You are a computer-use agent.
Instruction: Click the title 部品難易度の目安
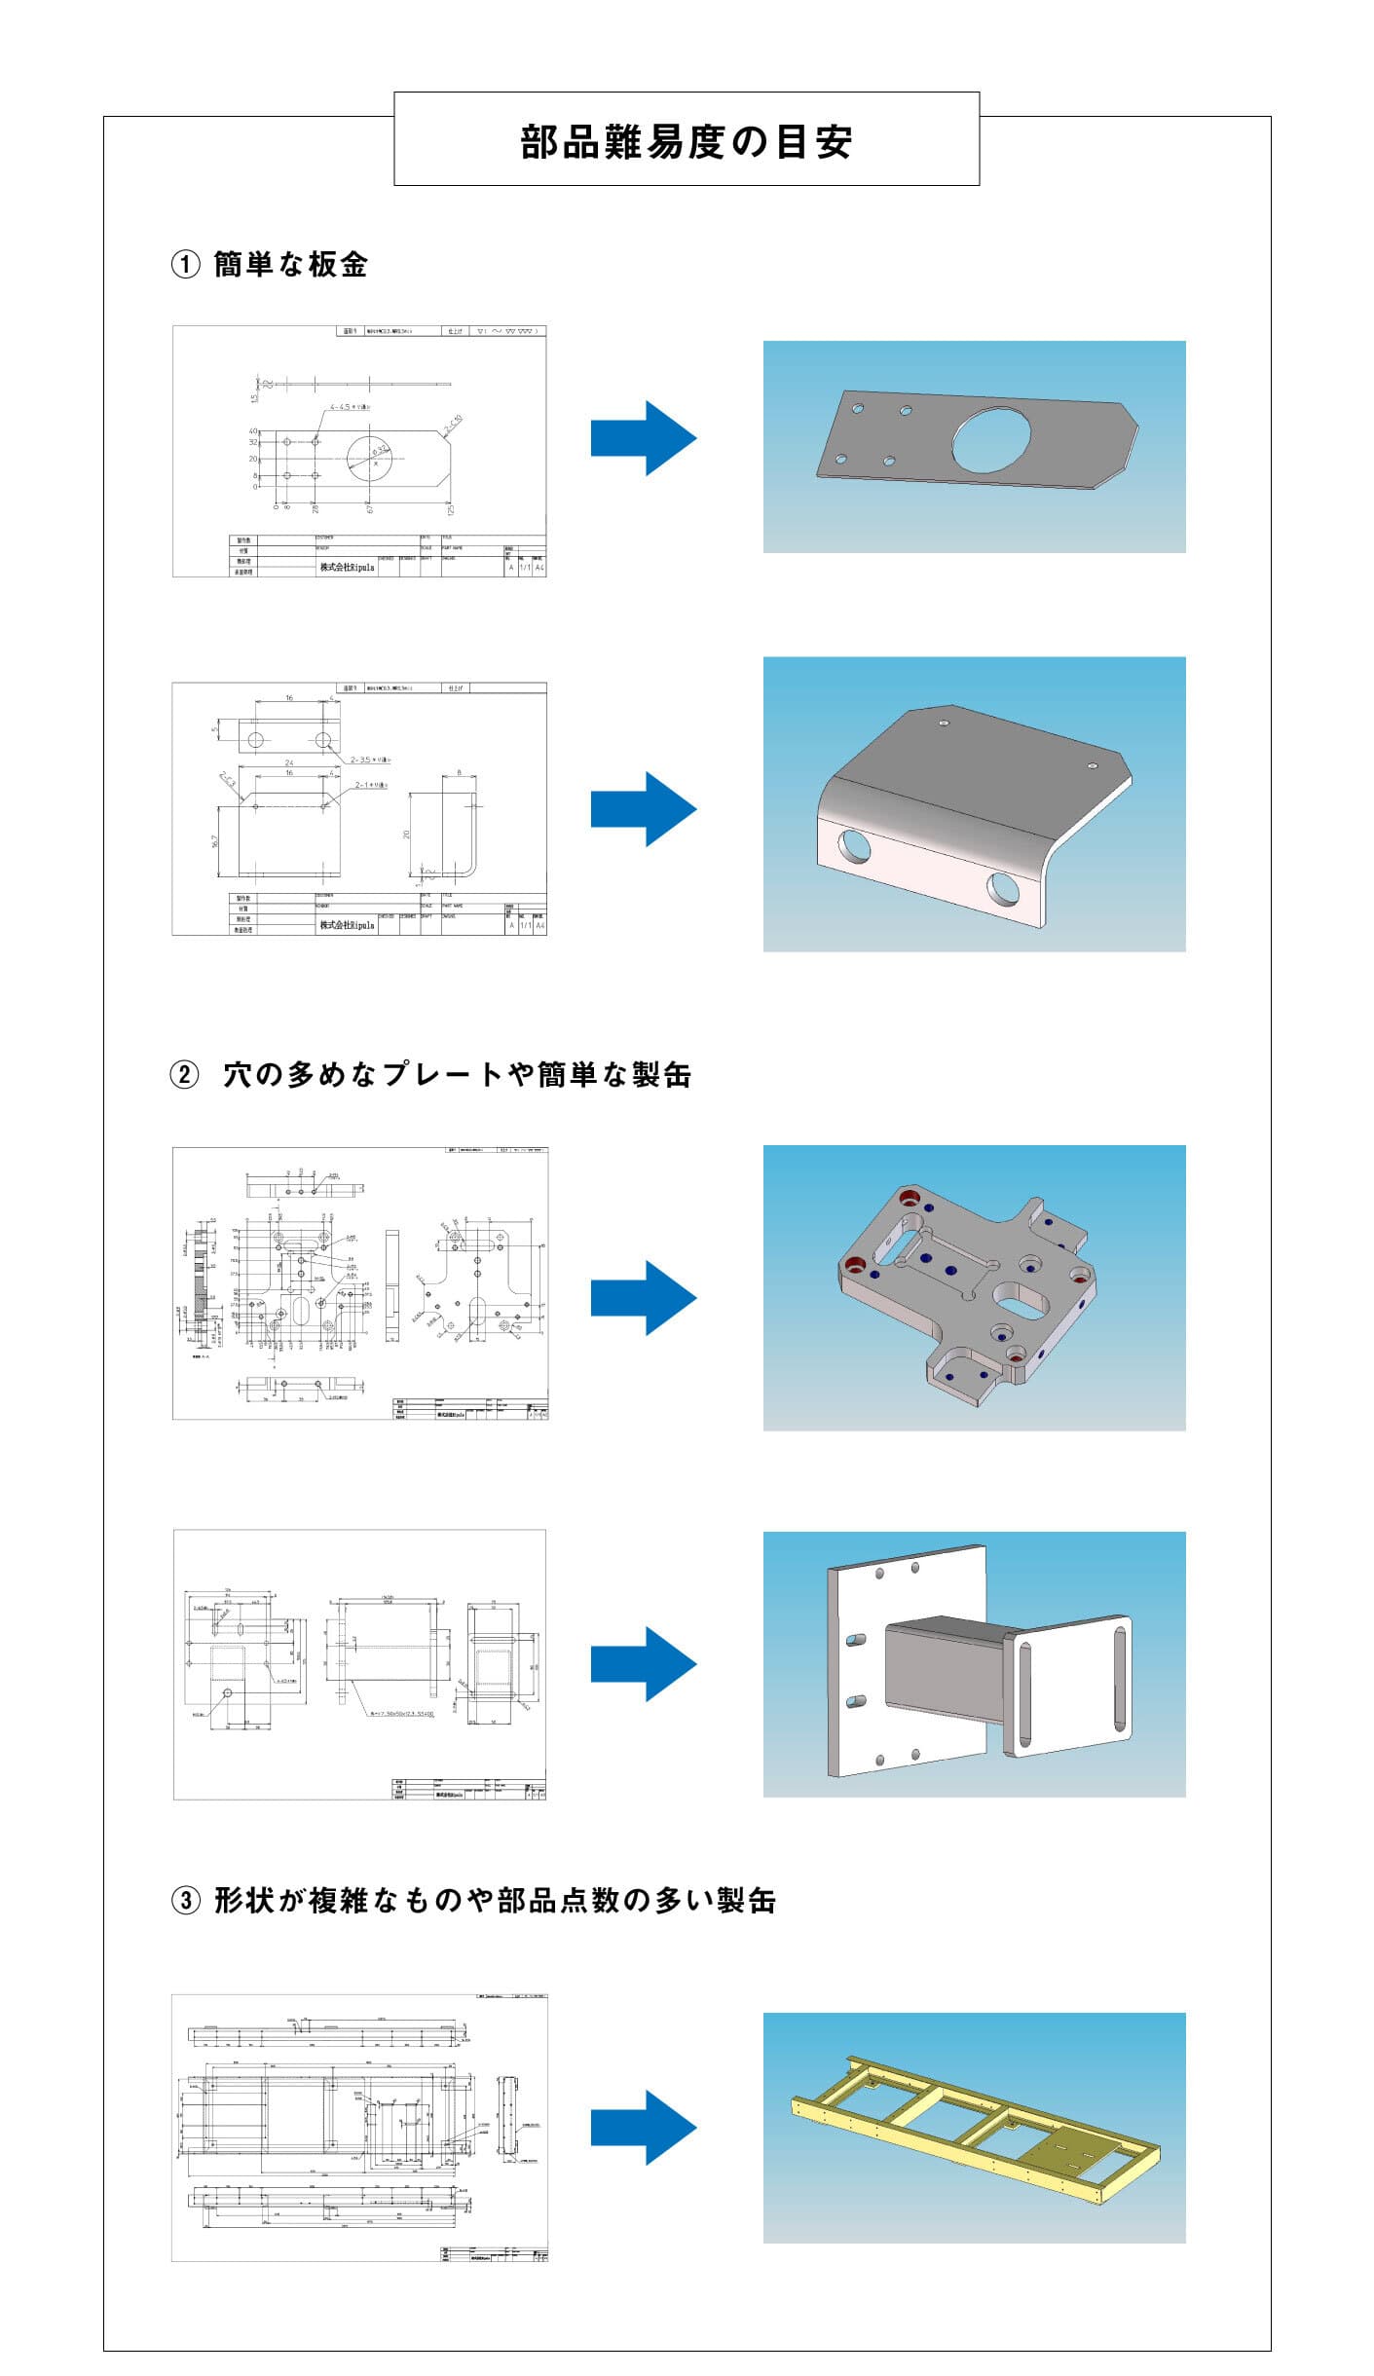click(687, 142)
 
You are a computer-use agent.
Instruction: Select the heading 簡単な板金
click(290, 265)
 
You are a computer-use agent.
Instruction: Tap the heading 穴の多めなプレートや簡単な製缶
click(457, 1075)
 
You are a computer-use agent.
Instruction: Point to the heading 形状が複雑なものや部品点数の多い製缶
click(495, 1900)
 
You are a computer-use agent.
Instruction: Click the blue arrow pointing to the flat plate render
click(643, 438)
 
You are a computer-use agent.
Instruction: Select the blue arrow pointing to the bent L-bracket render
click(643, 808)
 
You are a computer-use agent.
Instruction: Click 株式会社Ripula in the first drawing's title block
click(347, 567)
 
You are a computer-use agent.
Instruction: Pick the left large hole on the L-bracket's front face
click(852, 845)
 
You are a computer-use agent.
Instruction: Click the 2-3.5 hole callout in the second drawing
click(370, 760)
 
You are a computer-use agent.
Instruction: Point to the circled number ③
click(185, 1901)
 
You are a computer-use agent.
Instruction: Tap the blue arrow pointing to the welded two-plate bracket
click(643, 1664)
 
